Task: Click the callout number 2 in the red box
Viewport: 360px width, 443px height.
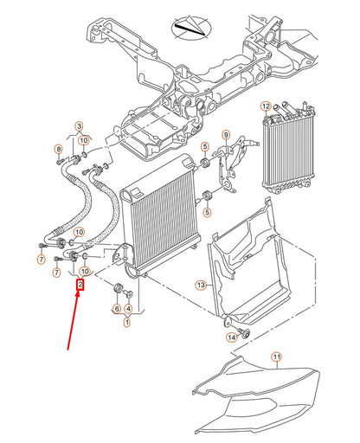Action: coord(80,285)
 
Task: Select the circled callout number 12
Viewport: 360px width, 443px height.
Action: coord(266,106)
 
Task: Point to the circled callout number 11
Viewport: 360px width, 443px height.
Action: coord(277,357)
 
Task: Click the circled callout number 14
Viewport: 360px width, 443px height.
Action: coord(232,337)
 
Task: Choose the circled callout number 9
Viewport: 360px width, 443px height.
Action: coord(226,135)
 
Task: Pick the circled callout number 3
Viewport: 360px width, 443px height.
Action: coord(79,126)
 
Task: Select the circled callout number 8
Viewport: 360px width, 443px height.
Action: coord(59,149)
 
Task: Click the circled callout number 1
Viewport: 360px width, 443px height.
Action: coord(127,322)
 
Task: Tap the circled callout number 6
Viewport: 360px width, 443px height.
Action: coord(117,309)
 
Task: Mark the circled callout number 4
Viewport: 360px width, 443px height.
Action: coord(128,309)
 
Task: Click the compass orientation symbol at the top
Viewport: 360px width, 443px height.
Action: coord(191,28)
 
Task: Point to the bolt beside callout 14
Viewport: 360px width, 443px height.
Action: coord(245,333)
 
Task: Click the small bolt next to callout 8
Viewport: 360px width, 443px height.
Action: coord(60,162)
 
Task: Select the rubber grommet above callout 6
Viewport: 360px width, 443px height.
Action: coord(119,287)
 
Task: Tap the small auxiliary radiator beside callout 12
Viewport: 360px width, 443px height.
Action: coord(288,148)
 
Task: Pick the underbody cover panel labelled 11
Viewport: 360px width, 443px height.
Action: coord(257,397)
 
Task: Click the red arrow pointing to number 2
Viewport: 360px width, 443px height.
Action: coord(73,320)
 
